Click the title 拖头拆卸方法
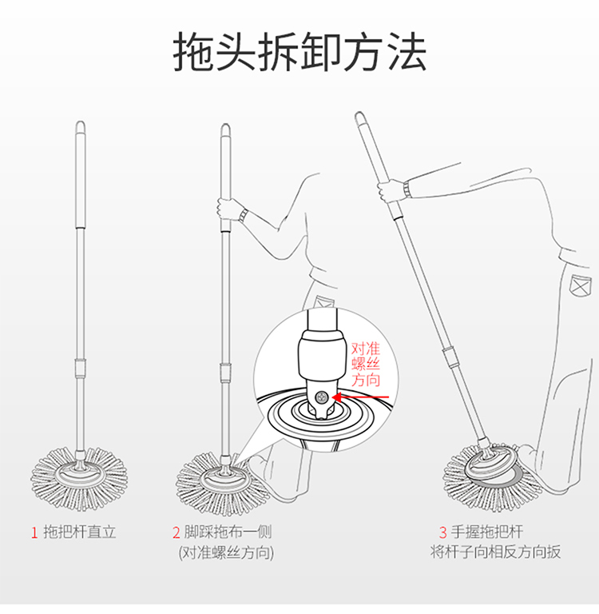(299, 52)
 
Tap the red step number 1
(34, 533)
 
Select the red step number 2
(177, 533)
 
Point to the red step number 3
(442, 532)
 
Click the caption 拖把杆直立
(80, 532)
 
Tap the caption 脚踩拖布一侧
(228, 532)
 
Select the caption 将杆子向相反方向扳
(496, 552)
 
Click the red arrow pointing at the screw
(360, 397)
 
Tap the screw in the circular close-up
(322, 398)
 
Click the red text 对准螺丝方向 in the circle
(366, 365)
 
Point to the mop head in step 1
(80, 480)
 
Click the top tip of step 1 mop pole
(81, 122)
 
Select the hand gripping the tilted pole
(390, 191)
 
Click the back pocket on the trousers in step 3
(581, 286)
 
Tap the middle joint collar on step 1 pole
(81, 368)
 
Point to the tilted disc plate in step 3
(491, 465)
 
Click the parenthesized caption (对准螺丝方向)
(226, 553)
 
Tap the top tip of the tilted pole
(359, 114)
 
